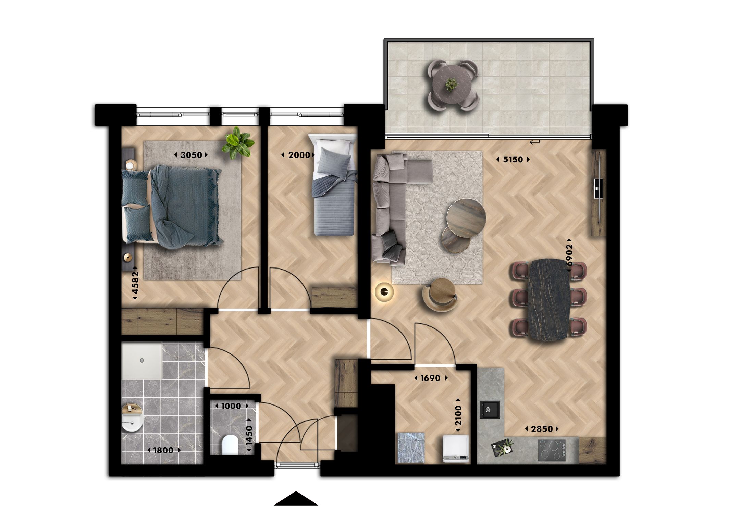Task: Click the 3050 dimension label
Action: coord(191,155)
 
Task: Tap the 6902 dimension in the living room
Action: coord(569,255)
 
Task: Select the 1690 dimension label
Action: coord(431,378)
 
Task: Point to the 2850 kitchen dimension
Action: coord(542,429)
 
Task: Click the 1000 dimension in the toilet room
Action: coord(231,406)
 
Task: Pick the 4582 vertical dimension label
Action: coord(135,283)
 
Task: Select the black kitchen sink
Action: coord(489,410)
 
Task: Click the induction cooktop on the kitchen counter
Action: coord(552,450)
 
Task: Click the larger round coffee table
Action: coord(466,212)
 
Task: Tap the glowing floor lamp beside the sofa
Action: coord(384,292)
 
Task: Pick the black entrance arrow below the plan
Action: coord(296,499)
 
